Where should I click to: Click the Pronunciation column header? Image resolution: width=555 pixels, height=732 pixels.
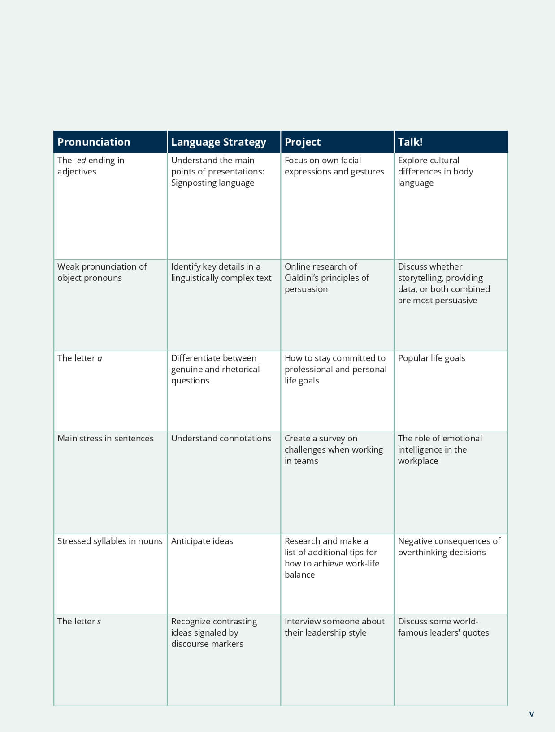pyautogui.click(x=94, y=142)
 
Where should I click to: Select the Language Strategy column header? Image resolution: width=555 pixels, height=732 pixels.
pyautogui.click(x=218, y=142)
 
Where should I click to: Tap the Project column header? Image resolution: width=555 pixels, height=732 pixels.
pyautogui.click(x=303, y=142)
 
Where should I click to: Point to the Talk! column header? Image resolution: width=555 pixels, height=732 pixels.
pyautogui.click(x=410, y=142)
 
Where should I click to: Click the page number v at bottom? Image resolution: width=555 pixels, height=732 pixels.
pyautogui.click(x=532, y=714)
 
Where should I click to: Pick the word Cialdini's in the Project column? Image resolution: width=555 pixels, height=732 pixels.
pyautogui.click(x=303, y=278)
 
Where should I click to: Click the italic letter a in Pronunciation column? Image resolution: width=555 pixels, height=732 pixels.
pyautogui.click(x=100, y=358)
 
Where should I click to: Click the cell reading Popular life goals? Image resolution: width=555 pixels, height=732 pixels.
pyautogui.click(x=431, y=358)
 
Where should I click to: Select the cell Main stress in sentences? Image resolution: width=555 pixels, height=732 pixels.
pyautogui.click(x=105, y=438)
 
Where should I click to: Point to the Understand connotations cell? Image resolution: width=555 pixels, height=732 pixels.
pyautogui.click(x=221, y=438)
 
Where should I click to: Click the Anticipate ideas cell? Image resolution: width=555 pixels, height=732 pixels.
pyautogui.click(x=202, y=541)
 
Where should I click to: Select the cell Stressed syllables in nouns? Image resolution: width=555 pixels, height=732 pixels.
pyautogui.click(x=110, y=541)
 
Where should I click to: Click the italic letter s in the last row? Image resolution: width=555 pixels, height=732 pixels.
pyautogui.click(x=99, y=622)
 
